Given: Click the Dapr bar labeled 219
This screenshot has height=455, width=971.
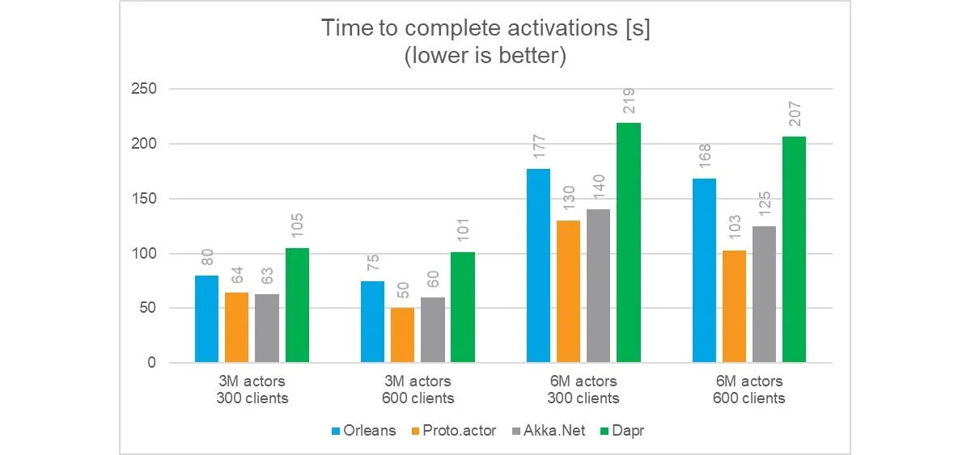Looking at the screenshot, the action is (x=629, y=242).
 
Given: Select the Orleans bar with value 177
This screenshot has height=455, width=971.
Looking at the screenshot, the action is (x=538, y=265).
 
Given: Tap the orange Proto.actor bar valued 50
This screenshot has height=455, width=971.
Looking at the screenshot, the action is (x=402, y=335).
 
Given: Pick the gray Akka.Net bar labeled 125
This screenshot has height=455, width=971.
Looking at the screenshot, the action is (x=764, y=294).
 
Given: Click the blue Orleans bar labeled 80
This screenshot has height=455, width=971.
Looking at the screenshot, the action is (x=207, y=319).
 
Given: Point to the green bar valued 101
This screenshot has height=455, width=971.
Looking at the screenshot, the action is (x=463, y=307).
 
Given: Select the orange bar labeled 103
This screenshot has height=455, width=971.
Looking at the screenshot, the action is (x=735, y=306).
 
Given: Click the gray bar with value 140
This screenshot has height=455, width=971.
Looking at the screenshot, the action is (x=598, y=286).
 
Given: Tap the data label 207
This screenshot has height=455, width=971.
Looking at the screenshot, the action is (x=795, y=114).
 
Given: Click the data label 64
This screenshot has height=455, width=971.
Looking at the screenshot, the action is (x=237, y=276).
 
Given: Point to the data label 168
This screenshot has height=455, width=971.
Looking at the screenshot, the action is (x=705, y=156).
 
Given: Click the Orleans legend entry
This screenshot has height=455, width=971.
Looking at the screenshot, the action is (x=363, y=431).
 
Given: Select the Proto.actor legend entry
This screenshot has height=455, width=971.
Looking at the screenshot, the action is (x=454, y=431).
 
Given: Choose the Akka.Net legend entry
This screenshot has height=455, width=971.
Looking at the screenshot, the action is (x=549, y=431).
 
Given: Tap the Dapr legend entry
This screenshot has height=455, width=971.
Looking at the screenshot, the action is (x=622, y=431).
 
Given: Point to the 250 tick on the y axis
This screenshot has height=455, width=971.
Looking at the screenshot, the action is (x=144, y=89).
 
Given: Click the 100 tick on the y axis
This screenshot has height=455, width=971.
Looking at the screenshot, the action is (x=144, y=253).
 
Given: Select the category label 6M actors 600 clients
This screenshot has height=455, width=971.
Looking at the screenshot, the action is (x=749, y=390).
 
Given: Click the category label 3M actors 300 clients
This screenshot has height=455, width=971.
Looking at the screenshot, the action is (x=252, y=390).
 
